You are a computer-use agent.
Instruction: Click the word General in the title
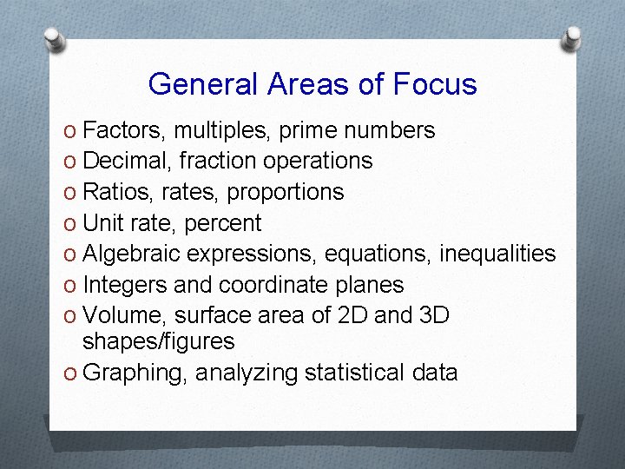(204, 84)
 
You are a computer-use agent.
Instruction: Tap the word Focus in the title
(435, 84)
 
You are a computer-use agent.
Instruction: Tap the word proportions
(290, 192)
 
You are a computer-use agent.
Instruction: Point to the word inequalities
(497, 254)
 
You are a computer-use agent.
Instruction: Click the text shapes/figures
(159, 342)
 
